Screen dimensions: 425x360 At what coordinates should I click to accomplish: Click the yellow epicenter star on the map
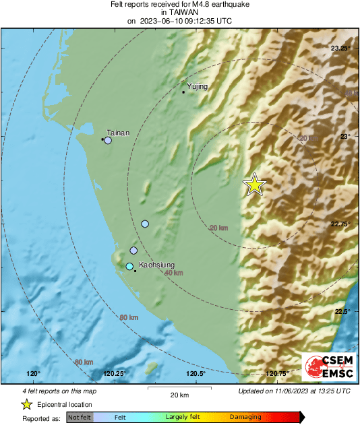255,184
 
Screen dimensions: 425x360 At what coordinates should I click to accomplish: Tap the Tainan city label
118,133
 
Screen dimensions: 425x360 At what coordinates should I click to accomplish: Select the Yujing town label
198,86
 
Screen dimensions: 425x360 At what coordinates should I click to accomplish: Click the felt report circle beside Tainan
107,140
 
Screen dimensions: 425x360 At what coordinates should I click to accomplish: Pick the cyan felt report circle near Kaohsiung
129,267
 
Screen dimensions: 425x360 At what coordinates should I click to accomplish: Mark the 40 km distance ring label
173,273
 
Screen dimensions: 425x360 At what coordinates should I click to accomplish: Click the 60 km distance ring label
129,317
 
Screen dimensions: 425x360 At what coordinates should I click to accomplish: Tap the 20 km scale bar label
179,395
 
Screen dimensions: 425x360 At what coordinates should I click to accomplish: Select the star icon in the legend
26,404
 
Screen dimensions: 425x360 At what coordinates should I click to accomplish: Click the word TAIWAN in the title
179,13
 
